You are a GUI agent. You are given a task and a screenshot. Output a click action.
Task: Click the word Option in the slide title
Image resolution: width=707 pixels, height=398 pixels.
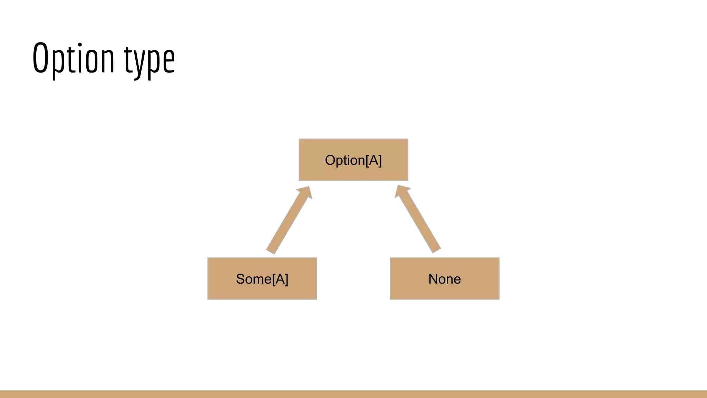73,59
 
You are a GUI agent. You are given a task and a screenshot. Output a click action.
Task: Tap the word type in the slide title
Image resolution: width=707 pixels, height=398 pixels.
149,60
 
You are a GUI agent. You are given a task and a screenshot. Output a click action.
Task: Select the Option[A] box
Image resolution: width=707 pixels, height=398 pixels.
353,160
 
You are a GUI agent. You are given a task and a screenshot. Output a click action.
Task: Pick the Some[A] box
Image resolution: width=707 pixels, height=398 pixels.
262,278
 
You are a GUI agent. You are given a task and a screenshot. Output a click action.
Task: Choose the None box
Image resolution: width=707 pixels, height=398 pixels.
444,278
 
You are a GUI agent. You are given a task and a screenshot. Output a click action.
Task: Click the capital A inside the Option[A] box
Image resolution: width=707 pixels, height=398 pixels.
373,160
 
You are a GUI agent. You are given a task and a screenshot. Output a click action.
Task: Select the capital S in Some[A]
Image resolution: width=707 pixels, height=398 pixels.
241,279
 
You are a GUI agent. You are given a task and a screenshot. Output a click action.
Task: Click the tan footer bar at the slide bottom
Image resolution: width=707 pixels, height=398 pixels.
353,394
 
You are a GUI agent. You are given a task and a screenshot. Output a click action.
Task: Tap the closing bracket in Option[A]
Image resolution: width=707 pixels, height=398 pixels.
380,161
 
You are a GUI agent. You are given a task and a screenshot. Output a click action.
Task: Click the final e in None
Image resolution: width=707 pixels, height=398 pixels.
457,279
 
